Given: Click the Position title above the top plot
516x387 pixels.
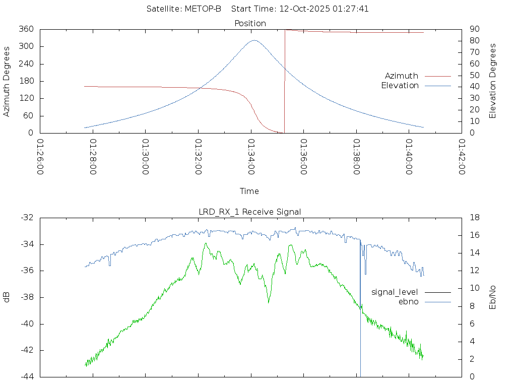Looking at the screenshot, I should (x=250, y=23).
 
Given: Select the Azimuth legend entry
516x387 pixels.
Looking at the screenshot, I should (x=402, y=76).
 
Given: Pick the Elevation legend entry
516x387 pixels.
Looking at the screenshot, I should (x=400, y=86).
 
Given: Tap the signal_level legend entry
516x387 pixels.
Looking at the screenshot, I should (x=395, y=292).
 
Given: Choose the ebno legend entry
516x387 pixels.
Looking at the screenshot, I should (x=409, y=302).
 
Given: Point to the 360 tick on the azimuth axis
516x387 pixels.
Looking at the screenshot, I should (x=26, y=29).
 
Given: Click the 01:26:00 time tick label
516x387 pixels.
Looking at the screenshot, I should (x=41, y=157).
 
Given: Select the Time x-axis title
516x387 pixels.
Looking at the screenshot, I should (x=249, y=191).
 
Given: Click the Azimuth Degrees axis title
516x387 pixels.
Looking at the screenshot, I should (x=7, y=81).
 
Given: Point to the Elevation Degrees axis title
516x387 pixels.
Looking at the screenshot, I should (x=493, y=81).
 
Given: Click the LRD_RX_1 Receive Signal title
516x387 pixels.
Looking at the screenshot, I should (x=250, y=212).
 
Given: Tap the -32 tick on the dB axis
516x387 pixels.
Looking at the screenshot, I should (x=27, y=218).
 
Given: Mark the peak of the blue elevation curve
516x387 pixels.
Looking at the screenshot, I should (x=254, y=40).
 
